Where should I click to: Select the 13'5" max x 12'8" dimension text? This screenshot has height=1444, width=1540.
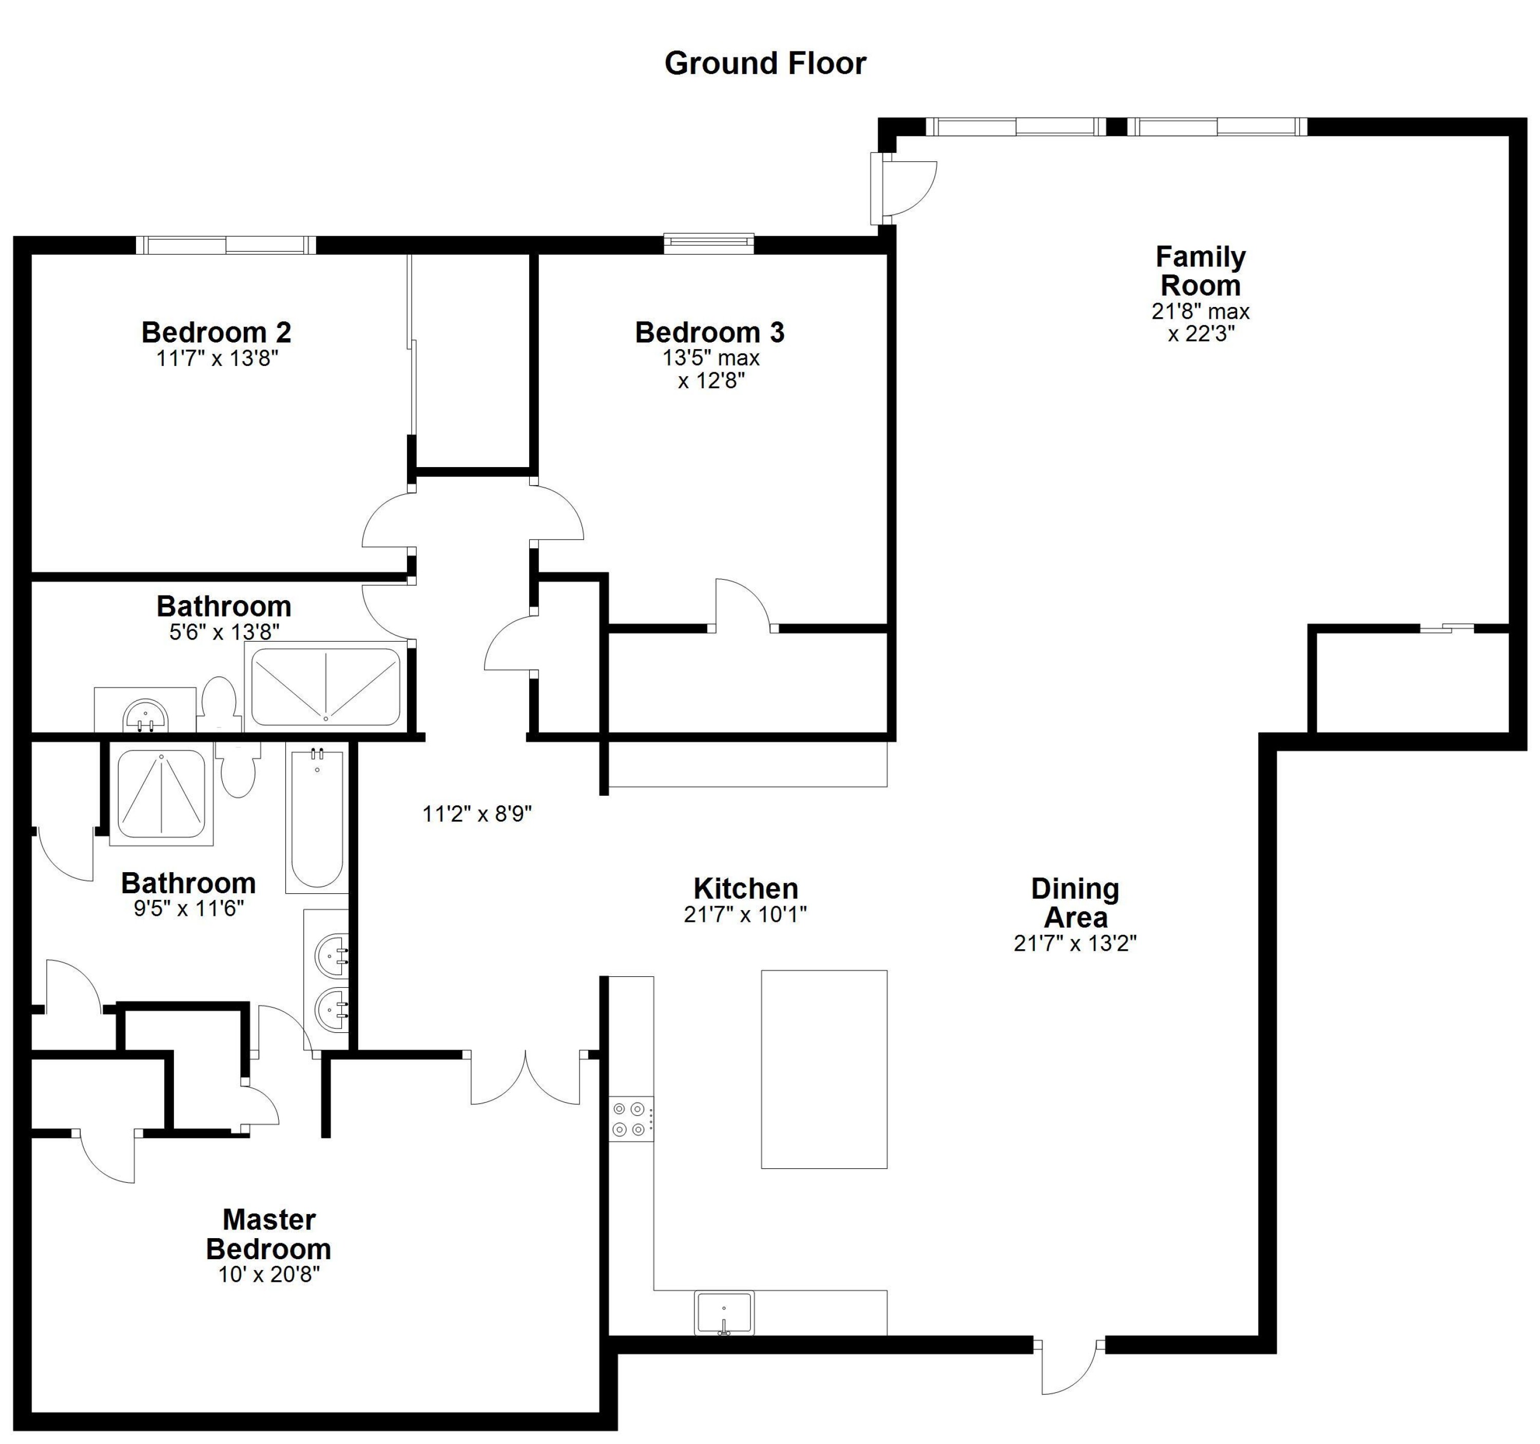710,370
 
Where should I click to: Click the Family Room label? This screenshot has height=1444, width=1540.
1200,271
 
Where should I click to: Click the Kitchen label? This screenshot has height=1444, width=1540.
745,889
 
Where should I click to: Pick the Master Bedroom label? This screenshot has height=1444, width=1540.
269,1234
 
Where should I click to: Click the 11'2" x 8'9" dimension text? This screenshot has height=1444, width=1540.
477,814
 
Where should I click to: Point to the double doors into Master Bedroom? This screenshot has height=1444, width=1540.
525,1079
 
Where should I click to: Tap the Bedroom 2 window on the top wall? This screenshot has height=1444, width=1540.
226,245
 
